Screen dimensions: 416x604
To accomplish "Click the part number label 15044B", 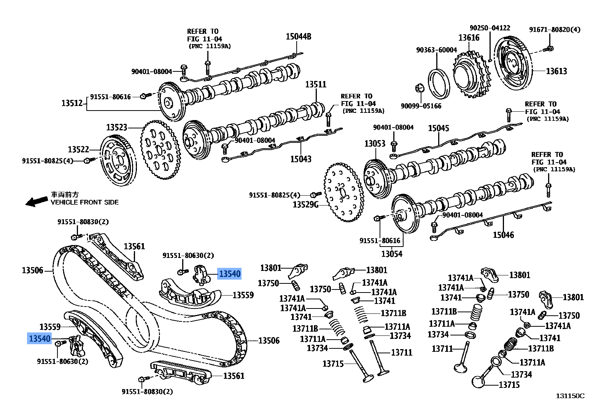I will coord(298,36).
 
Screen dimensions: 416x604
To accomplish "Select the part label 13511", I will coord(316,84).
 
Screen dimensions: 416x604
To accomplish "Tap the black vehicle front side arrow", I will coord(37,201).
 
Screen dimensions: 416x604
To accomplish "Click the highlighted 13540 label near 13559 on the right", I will coord(229,274).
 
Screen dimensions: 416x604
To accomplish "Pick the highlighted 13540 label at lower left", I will coord(40,338).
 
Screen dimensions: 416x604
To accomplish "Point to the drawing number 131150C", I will coord(570,396).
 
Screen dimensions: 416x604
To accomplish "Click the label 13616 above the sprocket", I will coord(469,38).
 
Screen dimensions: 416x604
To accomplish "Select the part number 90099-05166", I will coord(421,106).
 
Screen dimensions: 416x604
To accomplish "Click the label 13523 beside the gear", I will coord(116,127).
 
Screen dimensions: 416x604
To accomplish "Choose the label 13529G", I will coord(305,205).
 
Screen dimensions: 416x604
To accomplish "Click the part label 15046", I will coord(503,235).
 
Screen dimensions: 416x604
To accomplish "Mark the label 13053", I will coord(375,144).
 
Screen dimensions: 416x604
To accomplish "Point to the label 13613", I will coord(556,71).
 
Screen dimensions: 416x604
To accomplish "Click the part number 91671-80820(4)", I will coord(555,30).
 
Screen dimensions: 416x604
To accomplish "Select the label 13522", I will coord(78,149).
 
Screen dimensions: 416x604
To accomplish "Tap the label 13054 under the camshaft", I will coord(392,254).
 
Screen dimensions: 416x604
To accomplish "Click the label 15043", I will coord(300,159).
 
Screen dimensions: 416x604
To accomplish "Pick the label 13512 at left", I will coord(72,103).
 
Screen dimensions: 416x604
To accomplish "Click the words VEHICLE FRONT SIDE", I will coord(84,202).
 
